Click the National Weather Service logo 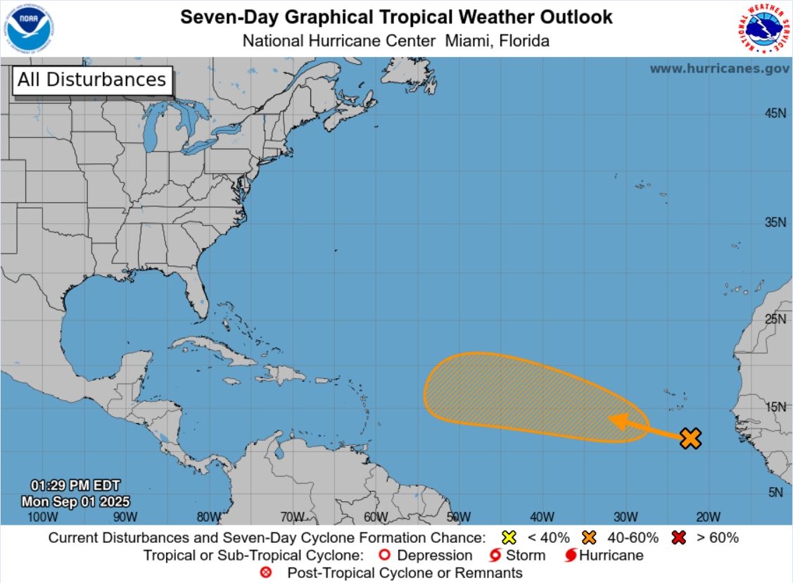click(x=763, y=29)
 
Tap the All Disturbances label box click(x=92, y=80)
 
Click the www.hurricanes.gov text click(x=718, y=68)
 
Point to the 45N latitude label click(x=775, y=113)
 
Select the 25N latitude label click(x=775, y=319)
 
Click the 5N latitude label click(x=775, y=492)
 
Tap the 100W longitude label click(x=42, y=517)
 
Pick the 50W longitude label click(x=458, y=517)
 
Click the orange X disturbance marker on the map click(x=691, y=438)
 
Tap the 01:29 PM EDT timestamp click(x=75, y=485)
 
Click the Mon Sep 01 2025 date click(x=75, y=501)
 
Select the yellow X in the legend click(x=510, y=538)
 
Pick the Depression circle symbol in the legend click(x=384, y=556)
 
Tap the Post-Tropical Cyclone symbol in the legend click(x=266, y=572)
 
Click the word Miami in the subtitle click(x=467, y=41)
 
